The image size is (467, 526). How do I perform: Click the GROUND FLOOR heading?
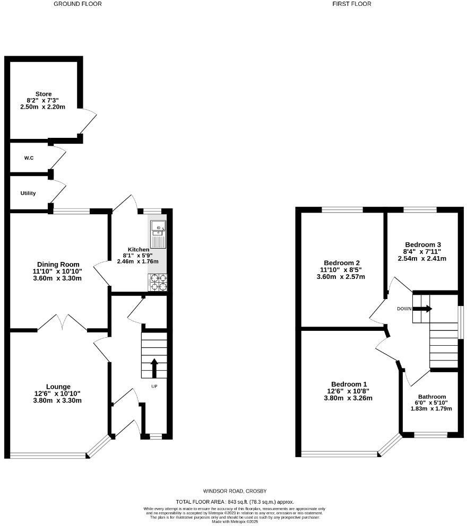[x=77, y=4]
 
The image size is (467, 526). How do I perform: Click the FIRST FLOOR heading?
[x=351, y=4]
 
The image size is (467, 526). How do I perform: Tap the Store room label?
[x=44, y=94]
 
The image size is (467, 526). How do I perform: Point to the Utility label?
[x=28, y=193]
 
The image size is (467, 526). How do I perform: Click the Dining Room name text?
[x=58, y=264]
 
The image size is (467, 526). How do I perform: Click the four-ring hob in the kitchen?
[x=158, y=282]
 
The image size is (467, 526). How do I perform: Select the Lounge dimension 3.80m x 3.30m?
[x=58, y=400]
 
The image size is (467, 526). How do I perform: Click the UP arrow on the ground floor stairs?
[x=154, y=367]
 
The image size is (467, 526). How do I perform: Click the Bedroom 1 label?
[x=349, y=384]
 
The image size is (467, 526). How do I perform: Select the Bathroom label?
[x=431, y=397]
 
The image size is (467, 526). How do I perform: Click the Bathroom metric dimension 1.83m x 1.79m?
[x=431, y=408]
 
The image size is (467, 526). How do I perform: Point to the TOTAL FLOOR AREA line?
[x=234, y=502]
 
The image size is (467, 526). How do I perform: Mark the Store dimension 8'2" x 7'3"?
[x=44, y=100]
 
